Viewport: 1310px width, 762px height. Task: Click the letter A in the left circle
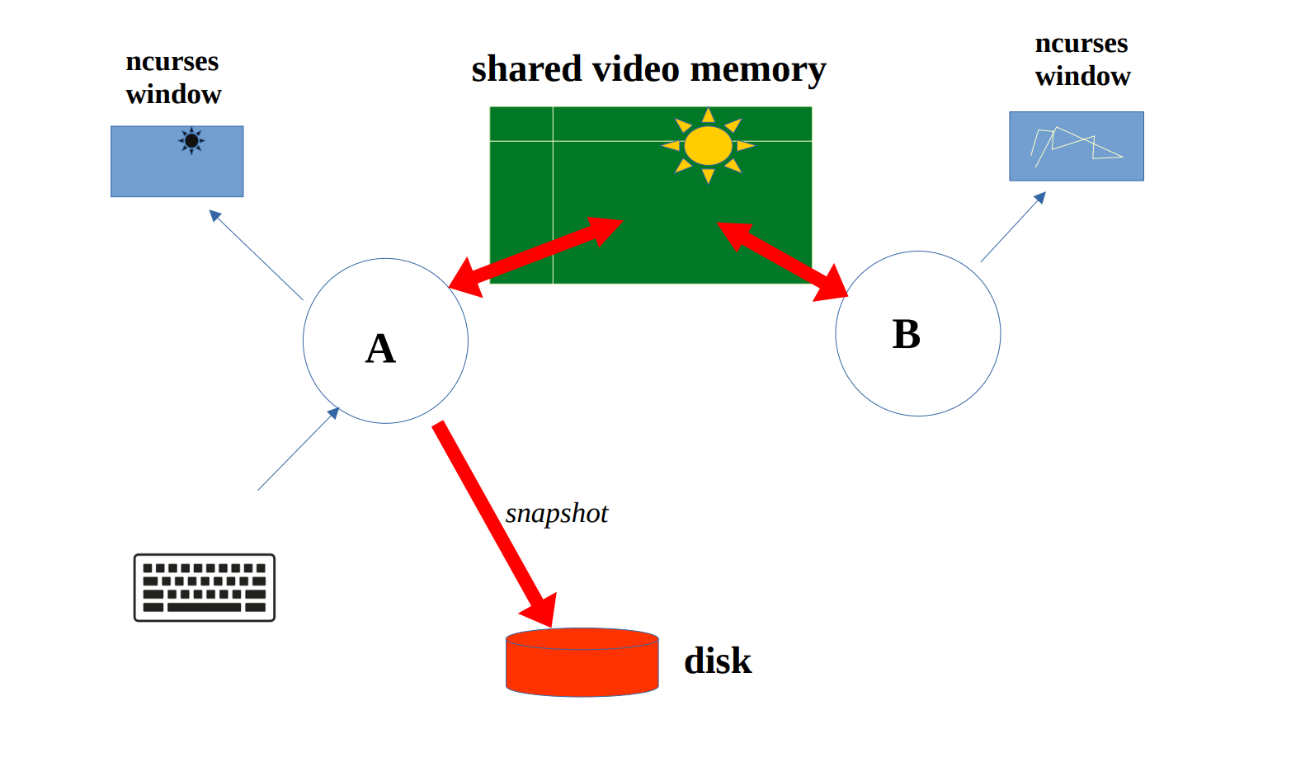[x=380, y=349]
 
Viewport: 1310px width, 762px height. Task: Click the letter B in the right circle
[x=906, y=335]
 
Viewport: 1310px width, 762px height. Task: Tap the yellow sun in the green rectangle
[x=708, y=146]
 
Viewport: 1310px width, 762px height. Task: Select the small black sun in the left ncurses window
[x=191, y=141]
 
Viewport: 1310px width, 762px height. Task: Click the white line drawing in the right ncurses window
[x=1073, y=145]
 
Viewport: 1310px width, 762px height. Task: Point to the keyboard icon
[x=205, y=587]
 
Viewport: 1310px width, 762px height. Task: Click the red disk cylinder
[x=582, y=663]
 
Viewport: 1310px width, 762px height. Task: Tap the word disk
[x=718, y=661]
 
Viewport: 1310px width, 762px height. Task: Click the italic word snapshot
[x=557, y=514]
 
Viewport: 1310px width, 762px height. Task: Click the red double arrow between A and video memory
[x=535, y=255]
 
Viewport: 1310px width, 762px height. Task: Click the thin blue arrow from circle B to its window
[x=1013, y=227]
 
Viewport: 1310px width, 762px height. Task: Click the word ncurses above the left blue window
[x=172, y=62]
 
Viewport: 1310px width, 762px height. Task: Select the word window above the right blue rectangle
[x=1082, y=77]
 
